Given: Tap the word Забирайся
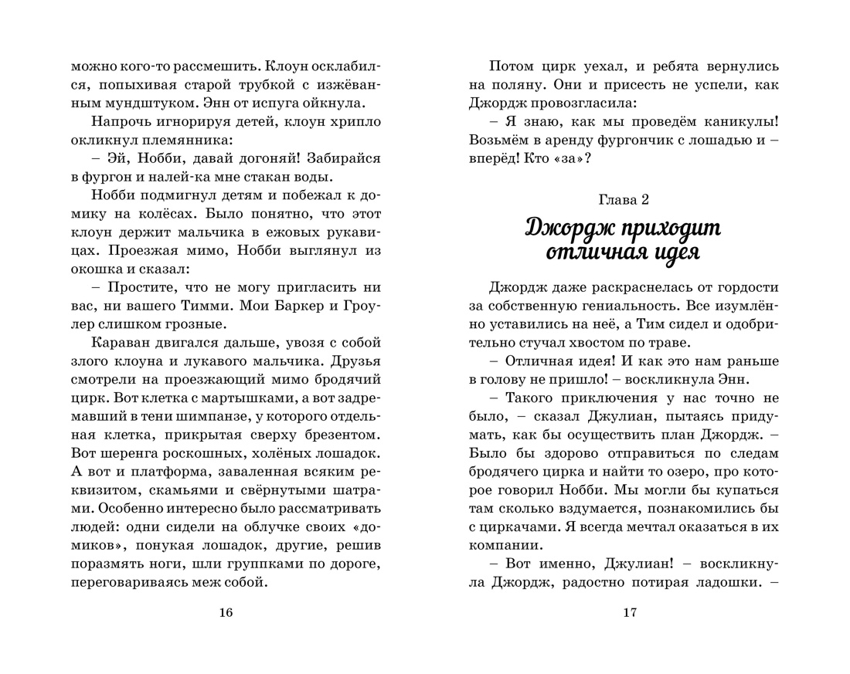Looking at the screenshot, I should [x=343, y=159].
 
